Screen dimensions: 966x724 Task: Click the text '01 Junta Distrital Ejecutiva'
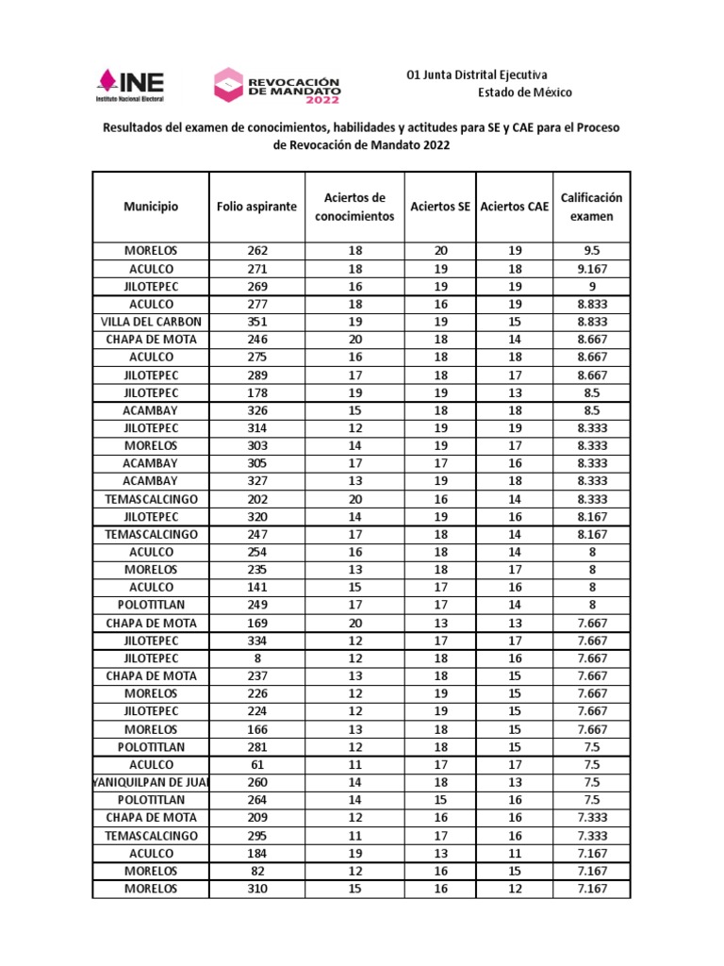point(476,75)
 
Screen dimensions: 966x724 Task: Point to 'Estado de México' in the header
point(524,92)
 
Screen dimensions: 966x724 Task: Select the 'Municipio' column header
point(151,207)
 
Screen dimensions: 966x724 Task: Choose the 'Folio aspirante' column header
point(256,207)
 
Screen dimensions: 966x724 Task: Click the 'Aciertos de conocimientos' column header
point(354,207)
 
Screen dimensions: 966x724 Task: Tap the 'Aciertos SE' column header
point(440,207)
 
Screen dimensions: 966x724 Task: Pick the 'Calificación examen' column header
point(591,207)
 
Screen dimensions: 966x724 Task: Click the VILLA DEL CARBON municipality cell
point(151,322)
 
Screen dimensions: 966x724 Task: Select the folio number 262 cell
point(256,251)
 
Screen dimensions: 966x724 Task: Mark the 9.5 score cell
point(591,251)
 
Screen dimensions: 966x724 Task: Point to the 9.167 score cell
point(591,269)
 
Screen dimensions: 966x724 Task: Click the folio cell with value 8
point(256,658)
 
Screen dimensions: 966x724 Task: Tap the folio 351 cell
point(256,322)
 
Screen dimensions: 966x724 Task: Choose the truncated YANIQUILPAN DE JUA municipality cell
point(151,782)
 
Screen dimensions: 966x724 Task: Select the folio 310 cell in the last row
point(256,889)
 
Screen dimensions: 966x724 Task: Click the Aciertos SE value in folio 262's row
point(440,251)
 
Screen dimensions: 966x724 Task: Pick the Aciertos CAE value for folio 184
point(515,853)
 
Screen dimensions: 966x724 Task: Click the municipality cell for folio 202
point(151,499)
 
